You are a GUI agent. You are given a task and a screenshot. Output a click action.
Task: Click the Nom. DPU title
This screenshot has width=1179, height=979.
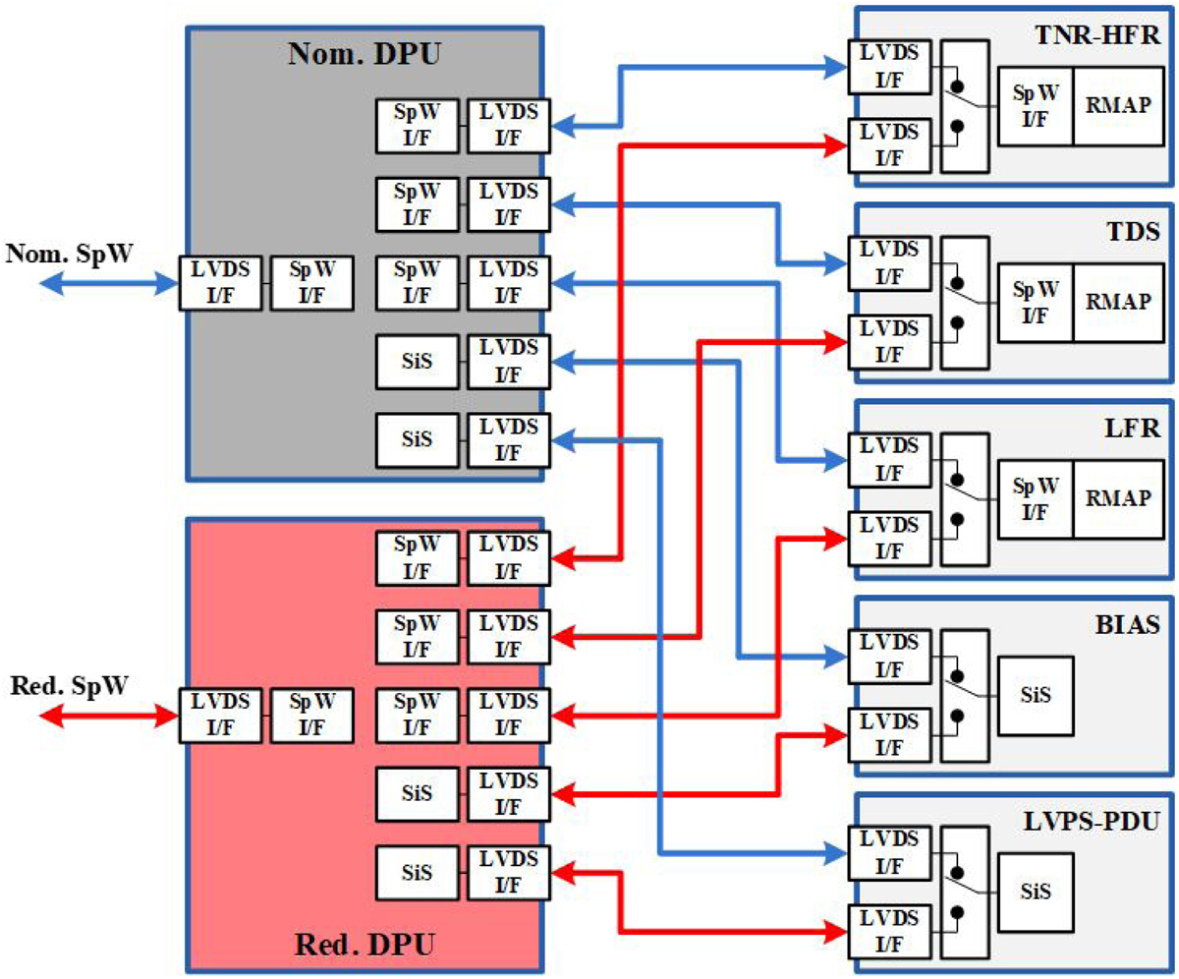(364, 53)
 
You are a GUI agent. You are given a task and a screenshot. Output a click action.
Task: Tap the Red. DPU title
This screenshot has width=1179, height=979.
(364, 948)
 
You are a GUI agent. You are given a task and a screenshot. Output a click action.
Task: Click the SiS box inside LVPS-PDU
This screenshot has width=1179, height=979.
(1036, 892)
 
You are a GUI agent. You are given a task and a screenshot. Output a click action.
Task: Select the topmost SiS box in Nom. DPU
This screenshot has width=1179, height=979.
(417, 361)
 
